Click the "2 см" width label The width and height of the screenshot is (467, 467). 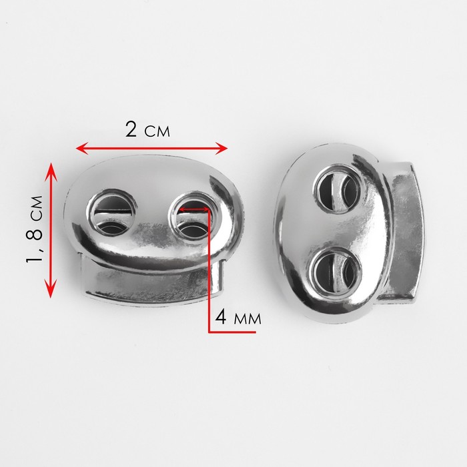[x=147, y=130]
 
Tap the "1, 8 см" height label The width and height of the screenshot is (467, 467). [x=34, y=229]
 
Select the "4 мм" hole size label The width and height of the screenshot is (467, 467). [x=238, y=317]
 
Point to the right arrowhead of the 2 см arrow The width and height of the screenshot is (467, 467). [x=221, y=148]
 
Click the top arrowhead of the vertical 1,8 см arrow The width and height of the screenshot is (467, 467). [x=51, y=169]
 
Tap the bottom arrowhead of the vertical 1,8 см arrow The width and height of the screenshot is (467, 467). [x=51, y=290]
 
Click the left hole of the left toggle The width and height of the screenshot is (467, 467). [x=112, y=211]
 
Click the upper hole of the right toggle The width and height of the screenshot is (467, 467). [x=338, y=189]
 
